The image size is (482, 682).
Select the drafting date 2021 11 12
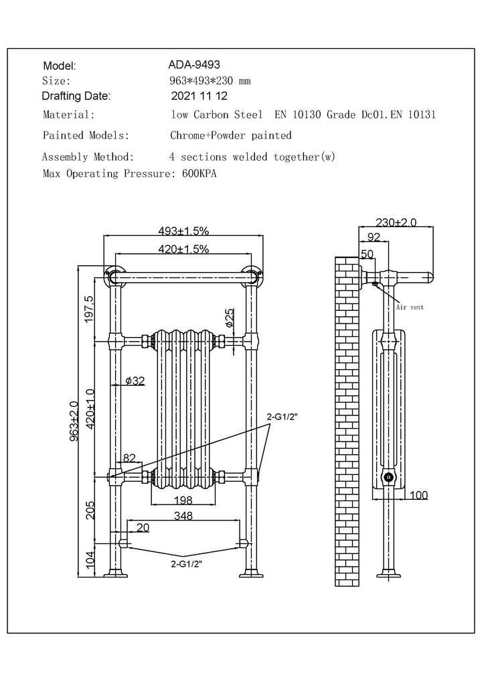pos(199,96)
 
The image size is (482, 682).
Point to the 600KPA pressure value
pos(199,174)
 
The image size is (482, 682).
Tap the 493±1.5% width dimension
pos(183,231)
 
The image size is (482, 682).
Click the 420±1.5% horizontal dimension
pos(183,249)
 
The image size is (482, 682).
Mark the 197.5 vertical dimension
pos(90,309)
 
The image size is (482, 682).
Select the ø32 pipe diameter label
pos(135,381)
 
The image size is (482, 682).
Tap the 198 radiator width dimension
pos(183,500)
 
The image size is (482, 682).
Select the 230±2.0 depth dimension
pos(396,222)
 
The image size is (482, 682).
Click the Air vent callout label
pos(409,307)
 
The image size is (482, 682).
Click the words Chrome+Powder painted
pos(231,135)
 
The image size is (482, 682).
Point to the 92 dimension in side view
pos(374,236)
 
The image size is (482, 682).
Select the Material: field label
pos(68,115)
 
